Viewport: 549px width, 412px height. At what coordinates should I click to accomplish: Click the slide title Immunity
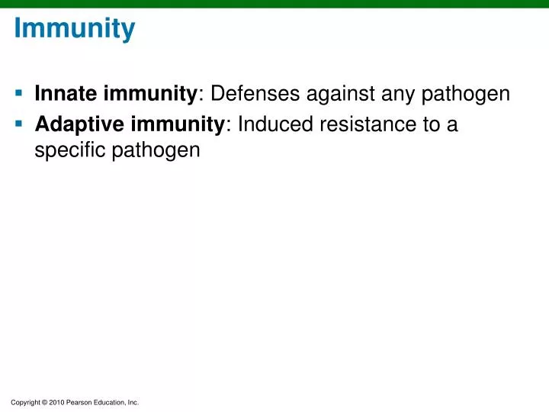tap(75, 30)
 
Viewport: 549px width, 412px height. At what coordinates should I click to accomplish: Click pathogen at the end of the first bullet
tap(468, 95)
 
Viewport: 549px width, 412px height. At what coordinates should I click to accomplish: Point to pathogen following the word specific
tap(156, 150)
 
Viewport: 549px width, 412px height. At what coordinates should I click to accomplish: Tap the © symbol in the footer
tap(44, 402)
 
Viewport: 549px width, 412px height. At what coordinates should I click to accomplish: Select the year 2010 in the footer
tap(57, 402)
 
